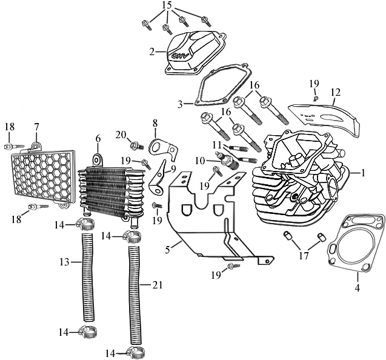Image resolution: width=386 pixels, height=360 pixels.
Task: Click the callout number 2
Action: click(x=152, y=52)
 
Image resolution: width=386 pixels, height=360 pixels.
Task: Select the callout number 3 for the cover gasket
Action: click(x=181, y=104)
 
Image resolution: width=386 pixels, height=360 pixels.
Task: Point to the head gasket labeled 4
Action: click(x=355, y=245)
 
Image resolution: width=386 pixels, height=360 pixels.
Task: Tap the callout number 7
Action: click(x=36, y=126)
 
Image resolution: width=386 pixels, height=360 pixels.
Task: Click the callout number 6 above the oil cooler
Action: click(x=98, y=138)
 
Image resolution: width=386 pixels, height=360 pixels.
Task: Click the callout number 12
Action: click(x=336, y=93)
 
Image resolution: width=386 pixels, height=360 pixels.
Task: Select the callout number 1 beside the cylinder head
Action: click(x=363, y=173)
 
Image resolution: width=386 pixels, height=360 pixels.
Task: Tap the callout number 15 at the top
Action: click(x=167, y=5)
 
